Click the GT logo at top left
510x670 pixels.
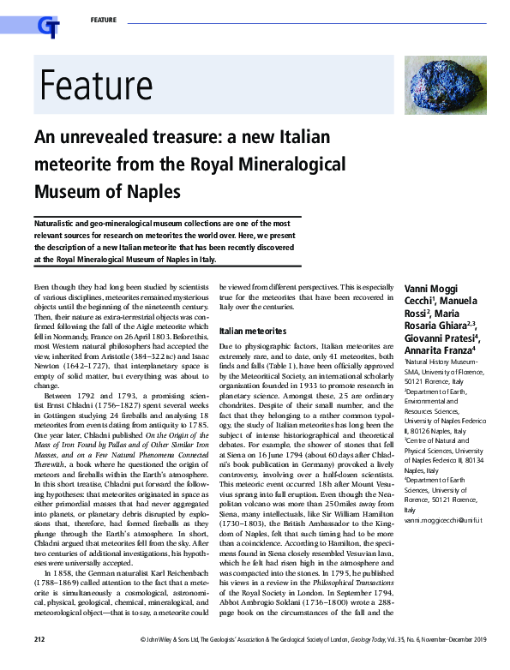(x=48, y=27)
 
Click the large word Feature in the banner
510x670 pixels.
(x=95, y=86)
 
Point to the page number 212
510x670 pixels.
(x=39, y=662)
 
